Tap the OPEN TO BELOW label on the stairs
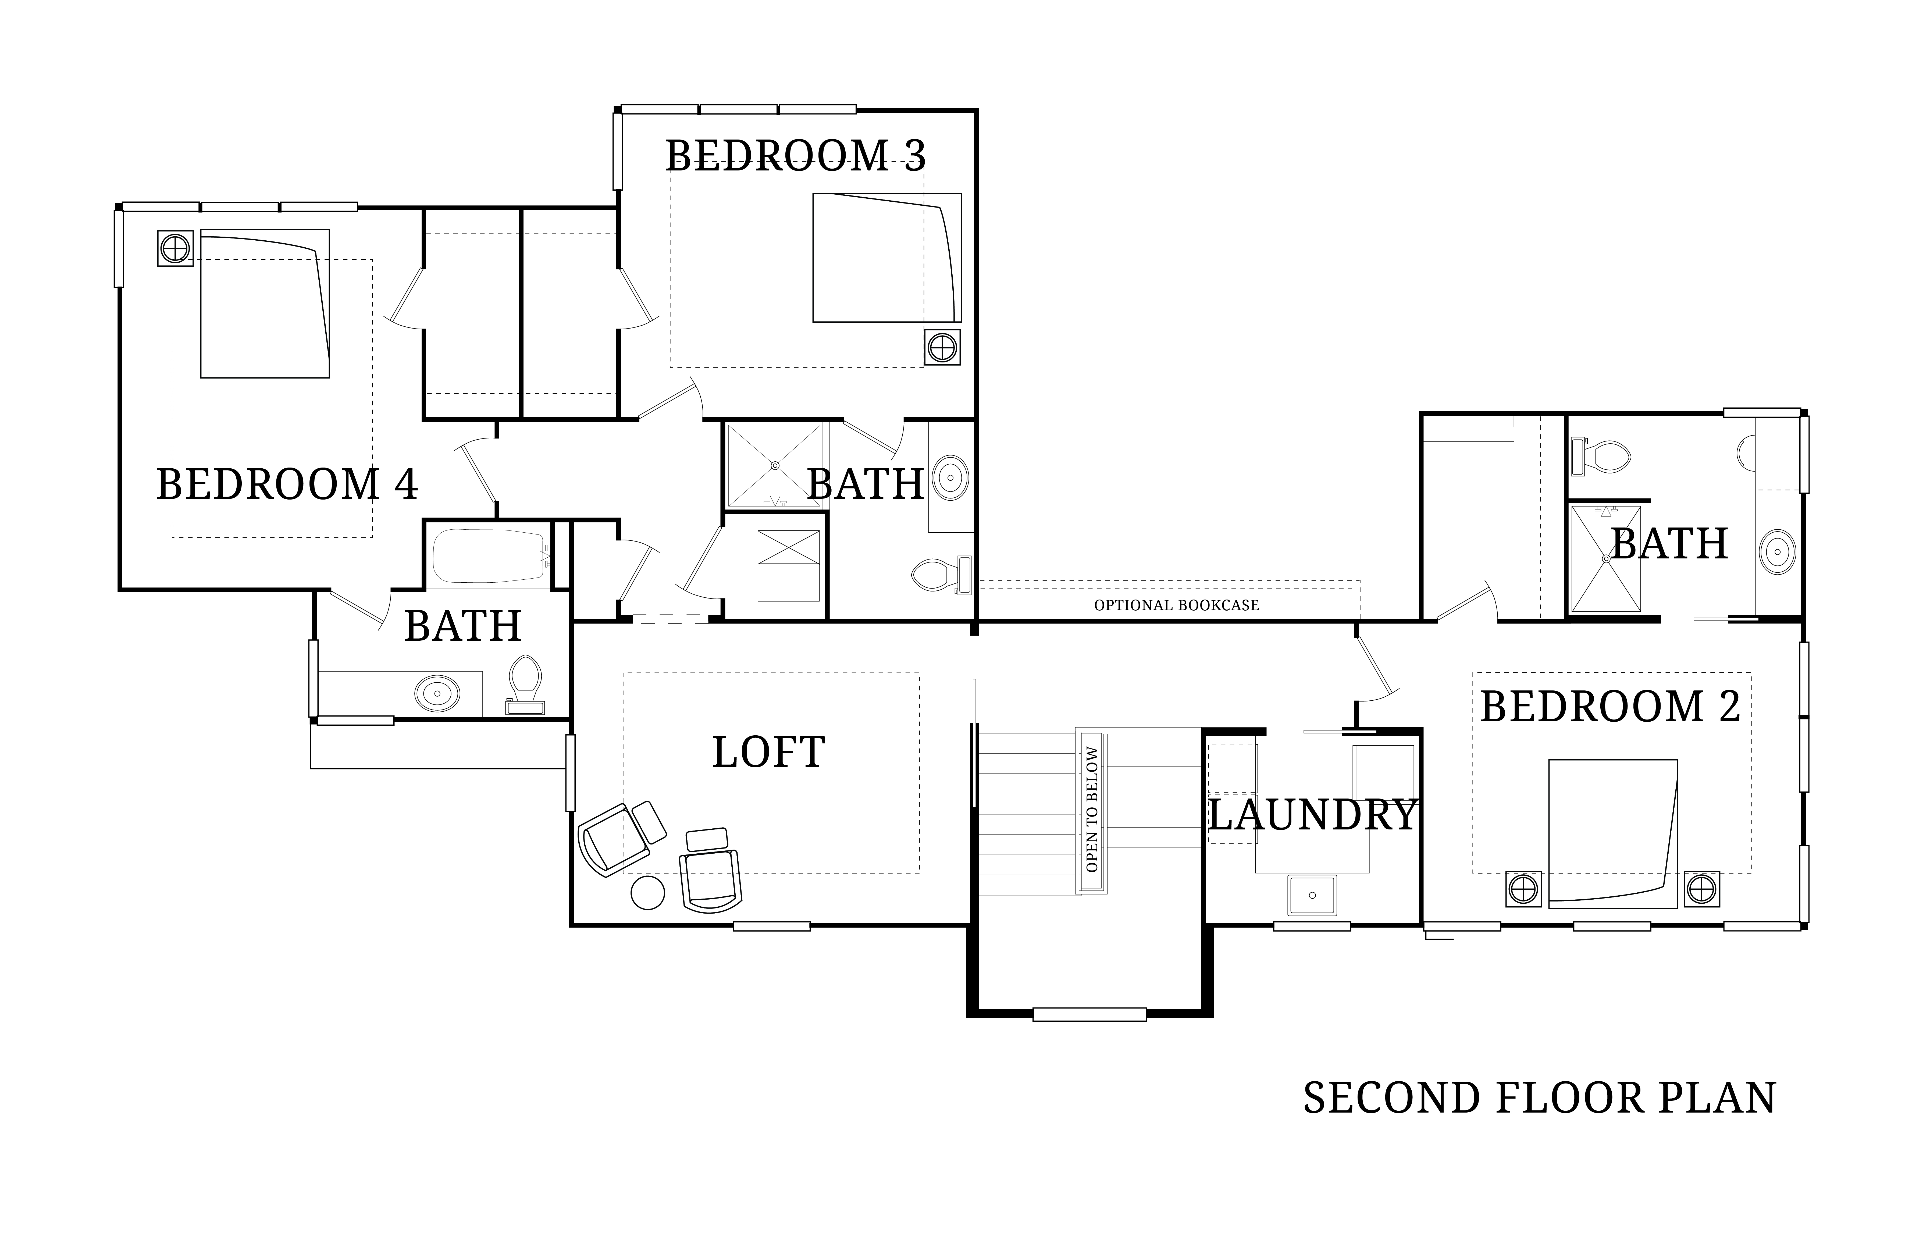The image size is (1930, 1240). [x=1092, y=809]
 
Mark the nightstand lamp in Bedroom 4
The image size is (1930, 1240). [x=175, y=248]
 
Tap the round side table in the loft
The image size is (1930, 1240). [x=647, y=893]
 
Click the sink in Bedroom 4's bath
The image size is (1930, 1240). [x=437, y=692]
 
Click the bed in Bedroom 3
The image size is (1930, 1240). [x=887, y=258]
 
